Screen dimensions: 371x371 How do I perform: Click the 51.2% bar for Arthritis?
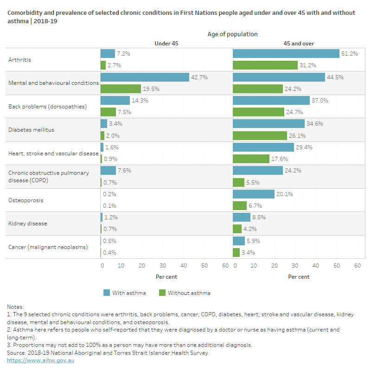pos(286,54)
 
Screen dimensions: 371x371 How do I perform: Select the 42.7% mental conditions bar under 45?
pos(145,77)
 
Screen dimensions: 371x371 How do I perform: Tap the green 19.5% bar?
pos(121,89)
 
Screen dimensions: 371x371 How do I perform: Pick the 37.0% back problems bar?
pos(271,100)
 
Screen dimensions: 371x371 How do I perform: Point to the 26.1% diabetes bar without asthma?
pos(260,135)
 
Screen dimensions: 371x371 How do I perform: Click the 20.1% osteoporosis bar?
pos(253,194)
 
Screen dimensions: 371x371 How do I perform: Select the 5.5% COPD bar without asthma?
pos(238,182)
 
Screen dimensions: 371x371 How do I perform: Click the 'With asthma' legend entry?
pos(124,293)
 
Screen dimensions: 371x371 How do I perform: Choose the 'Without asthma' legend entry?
pos(184,293)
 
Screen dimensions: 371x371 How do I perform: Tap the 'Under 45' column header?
pos(166,44)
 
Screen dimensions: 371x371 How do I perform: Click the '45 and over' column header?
pos(299,44)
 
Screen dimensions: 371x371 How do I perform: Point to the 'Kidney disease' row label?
pos(27,224)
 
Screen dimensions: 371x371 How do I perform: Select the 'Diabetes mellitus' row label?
pos(31,130)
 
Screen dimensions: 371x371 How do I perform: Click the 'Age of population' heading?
pos(232,34)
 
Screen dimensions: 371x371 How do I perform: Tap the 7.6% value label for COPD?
pos(124,170)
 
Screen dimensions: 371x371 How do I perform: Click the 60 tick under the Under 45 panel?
pos(225,266)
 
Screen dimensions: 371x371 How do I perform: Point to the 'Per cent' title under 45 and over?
pos(299,277)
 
